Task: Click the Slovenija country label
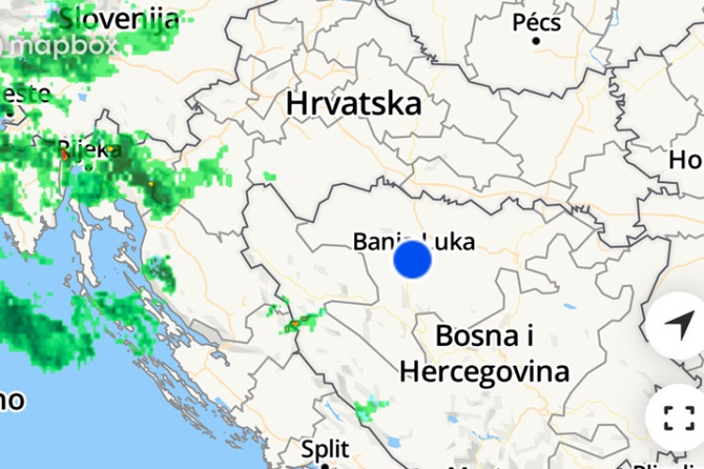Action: coord(118,17)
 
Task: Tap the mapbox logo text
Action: coord(64,44)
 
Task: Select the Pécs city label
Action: coord(537,21)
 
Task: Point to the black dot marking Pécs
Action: coord(537,40)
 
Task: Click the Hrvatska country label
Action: coord(354,103)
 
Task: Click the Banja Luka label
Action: coord(414,241)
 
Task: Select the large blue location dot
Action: coord(412,260)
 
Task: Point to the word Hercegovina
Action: coord(484,371)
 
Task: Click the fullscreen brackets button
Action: coord(679,416)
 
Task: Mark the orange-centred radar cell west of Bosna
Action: coord(296,324)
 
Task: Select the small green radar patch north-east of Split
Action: coord(371,408)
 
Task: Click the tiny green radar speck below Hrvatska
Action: coord(269,176)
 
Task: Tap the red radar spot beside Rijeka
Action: coord(65,155)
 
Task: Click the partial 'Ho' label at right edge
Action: coord(685,160)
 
